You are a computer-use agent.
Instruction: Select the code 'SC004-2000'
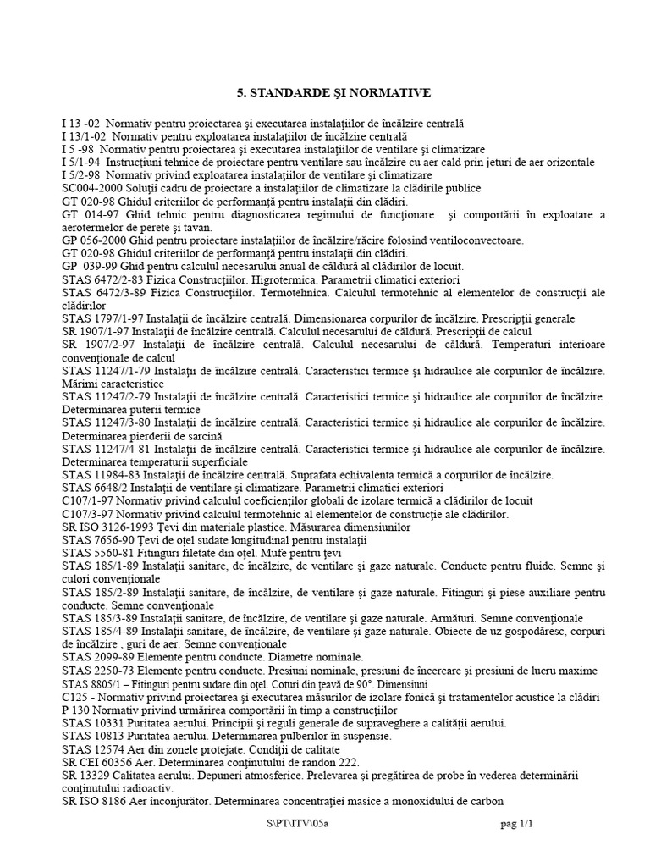tap(91, 188)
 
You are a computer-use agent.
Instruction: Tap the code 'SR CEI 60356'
tap(98, 761)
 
